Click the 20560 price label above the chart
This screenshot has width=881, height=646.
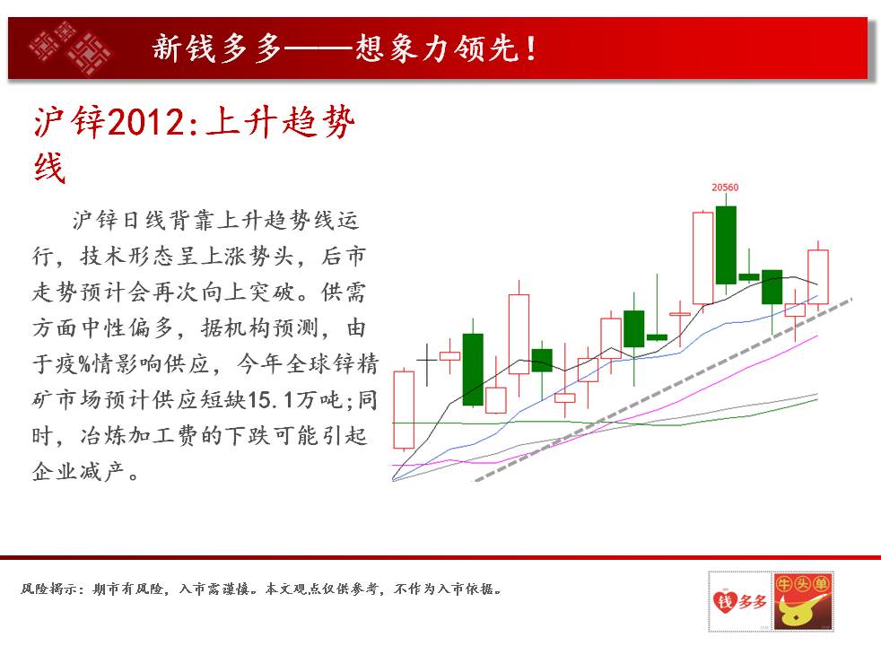point(725,188)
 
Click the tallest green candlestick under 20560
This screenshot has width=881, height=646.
point(726,245)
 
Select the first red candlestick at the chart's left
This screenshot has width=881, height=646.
point(404,409)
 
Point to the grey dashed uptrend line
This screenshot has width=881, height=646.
point(664,390)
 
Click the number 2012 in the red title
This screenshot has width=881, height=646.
point(144,122)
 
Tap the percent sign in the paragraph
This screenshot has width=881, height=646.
point(85,365)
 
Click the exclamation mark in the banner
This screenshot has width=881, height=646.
point(531,48)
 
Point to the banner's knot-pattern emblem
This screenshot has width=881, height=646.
point(70,48)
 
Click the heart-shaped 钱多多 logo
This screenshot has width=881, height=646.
point(739,601)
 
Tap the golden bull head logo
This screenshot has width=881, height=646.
point(803,601)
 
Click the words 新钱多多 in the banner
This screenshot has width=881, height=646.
point(217,48)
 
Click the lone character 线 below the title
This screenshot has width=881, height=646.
point(49,168)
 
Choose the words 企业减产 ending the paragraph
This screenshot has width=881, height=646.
point(79,471)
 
